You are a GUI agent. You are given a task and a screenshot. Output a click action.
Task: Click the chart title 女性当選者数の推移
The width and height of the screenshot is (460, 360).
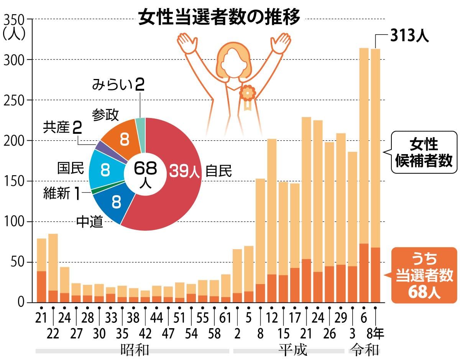[219, 18]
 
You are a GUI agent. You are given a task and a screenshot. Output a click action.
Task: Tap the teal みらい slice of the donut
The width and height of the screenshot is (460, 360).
[140, 123]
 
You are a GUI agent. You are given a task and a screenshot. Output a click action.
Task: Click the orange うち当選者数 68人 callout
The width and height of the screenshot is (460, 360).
[424, 275]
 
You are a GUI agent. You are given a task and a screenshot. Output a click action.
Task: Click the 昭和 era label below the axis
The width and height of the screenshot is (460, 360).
[134, 350]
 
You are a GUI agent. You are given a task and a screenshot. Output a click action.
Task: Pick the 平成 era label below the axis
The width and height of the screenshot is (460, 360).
[292, 350]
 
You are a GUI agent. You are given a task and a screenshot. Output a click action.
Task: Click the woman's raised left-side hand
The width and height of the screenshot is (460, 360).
[187, 42]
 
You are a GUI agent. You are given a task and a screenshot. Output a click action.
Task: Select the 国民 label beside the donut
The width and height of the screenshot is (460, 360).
[70, 168]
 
